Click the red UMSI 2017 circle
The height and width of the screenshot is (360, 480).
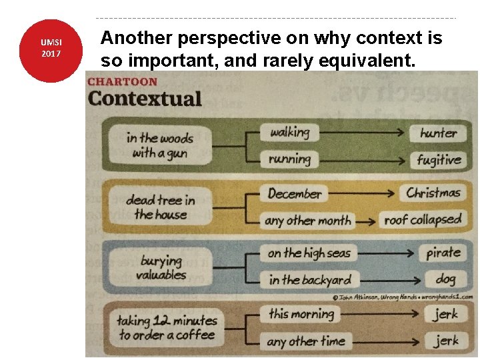pos(51,51)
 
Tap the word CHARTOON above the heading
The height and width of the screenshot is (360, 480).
pos(123,82)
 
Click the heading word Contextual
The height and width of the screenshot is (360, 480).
pos(145,99)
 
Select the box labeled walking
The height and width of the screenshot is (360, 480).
pos(290,132)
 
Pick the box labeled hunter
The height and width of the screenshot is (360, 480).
pos(439,133)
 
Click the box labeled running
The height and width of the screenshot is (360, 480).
pos(290,159)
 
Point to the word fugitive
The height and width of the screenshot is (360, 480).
pos(439,160)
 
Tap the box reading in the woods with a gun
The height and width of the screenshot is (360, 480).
pos(160,145)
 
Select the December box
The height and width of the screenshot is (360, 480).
pos(295,194)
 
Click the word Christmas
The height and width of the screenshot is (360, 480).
pos(434,193)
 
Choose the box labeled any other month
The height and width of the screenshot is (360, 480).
pos(308,220)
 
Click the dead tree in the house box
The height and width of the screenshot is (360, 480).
pos(161,207)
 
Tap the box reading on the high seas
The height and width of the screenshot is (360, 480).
pos(309,253)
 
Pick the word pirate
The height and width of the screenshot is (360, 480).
pos(443,253)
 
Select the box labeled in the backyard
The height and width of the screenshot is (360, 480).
pos(310,280)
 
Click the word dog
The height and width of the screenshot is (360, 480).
pos(445,279)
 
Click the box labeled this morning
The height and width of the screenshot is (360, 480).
pos(301,313)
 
